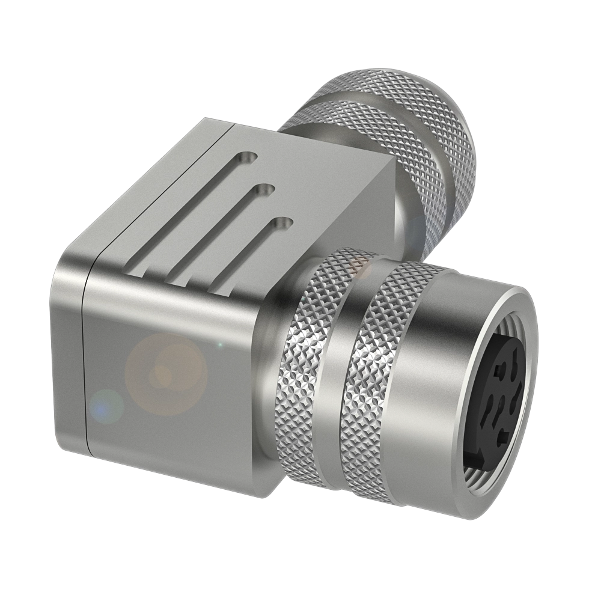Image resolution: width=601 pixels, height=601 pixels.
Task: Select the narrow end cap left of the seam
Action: (x=71, y=355)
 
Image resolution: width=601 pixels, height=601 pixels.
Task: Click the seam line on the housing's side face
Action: (x=87, y=361)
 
